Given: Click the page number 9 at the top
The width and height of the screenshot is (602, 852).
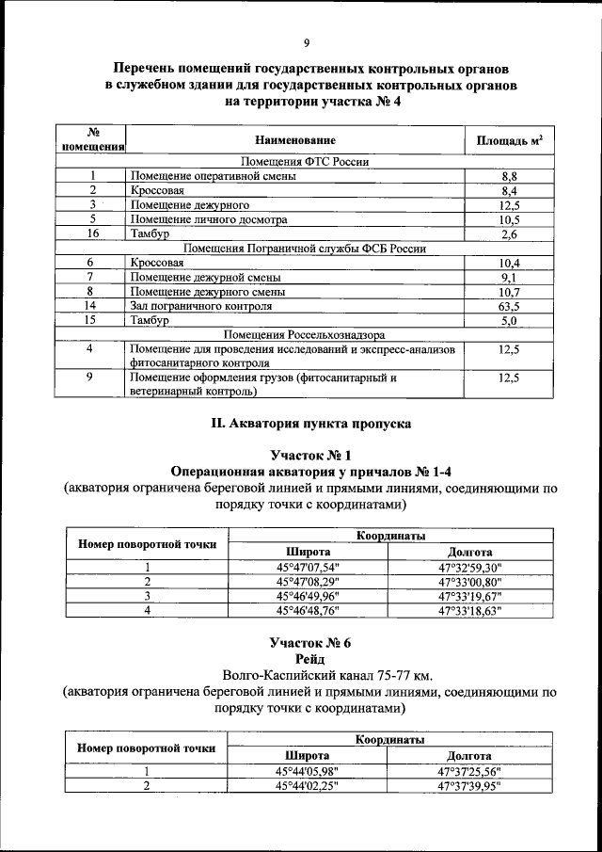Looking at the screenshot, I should point(307,42).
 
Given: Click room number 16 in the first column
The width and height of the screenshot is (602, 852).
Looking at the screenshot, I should point(92,233).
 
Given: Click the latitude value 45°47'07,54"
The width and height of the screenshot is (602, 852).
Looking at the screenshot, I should point(308,567).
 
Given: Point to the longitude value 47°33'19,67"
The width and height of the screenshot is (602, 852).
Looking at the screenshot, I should point(470,596).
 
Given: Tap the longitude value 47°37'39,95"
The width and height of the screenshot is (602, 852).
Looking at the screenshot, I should point(470,785).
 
